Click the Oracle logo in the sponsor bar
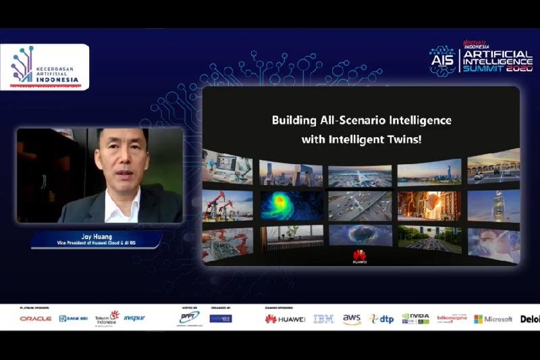tap(36, 318)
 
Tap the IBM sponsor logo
tap(323, 319)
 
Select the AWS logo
tap(352, 319)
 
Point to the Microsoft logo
tap(493, 319)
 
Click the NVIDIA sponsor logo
tap(415, 318)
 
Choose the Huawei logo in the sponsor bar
tap(285, 319)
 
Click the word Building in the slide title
tap(294, 121)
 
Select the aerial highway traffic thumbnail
tap(359, 205)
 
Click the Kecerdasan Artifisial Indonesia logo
tap(45, 67)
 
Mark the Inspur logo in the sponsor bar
tap(134, 318)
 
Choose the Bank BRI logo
tap(73, 318)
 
